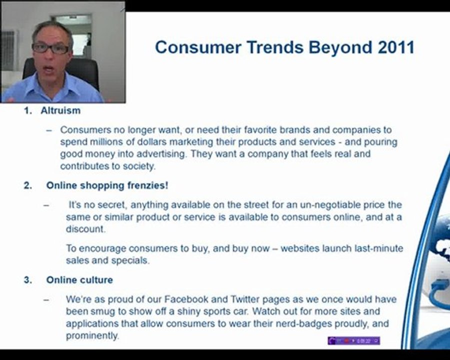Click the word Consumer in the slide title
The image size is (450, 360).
198,47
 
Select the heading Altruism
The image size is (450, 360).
60,110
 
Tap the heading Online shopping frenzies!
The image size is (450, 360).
107,185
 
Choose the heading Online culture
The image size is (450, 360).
79,280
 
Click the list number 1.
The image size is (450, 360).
28,110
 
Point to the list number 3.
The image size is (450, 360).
28,280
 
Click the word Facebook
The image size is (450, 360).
186,299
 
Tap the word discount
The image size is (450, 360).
85,229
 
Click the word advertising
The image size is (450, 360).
162,154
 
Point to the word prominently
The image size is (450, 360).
92,336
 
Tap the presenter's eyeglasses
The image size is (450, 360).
50,48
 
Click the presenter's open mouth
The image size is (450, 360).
49,69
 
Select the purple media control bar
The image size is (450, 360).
354,341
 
